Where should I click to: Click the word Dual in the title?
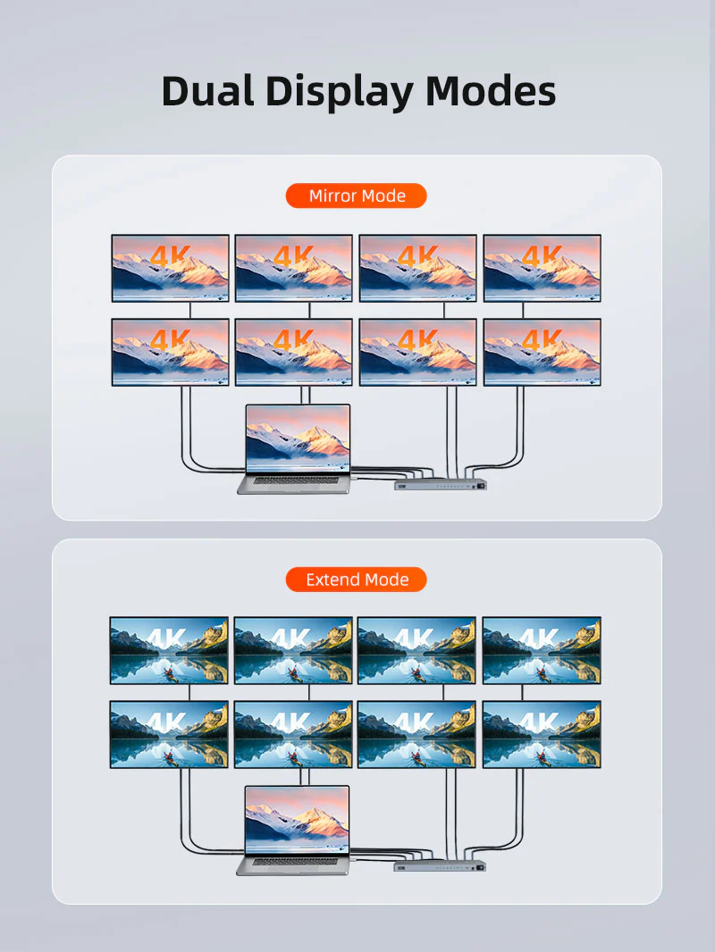coord(207,92)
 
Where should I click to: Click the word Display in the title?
coord(340,93)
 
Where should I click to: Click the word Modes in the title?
coord(491,92)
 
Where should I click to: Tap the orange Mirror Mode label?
coord(357,196)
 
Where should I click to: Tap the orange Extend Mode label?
coord(357,580)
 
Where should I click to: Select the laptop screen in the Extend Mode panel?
coord(297,820)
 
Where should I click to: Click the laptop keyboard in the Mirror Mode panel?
coord(295,480)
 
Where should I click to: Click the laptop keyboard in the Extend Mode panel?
coord(295,862)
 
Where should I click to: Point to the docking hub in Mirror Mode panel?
coord(441,483)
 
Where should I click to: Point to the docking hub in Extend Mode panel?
coord(440,865)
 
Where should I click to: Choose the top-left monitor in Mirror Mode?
coord(171,268)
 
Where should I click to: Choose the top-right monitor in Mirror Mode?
coord(543,268)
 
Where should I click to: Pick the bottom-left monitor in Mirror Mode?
coord(171,352)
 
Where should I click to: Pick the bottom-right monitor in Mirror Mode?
coord(543,352)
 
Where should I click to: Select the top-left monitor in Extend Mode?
coord(169,650)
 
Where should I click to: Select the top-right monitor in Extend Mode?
coord(542,650)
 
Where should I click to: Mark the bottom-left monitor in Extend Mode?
coord(169,735)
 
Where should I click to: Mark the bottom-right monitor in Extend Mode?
coord(542,735)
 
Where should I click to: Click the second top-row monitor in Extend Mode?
coord(293,650)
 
